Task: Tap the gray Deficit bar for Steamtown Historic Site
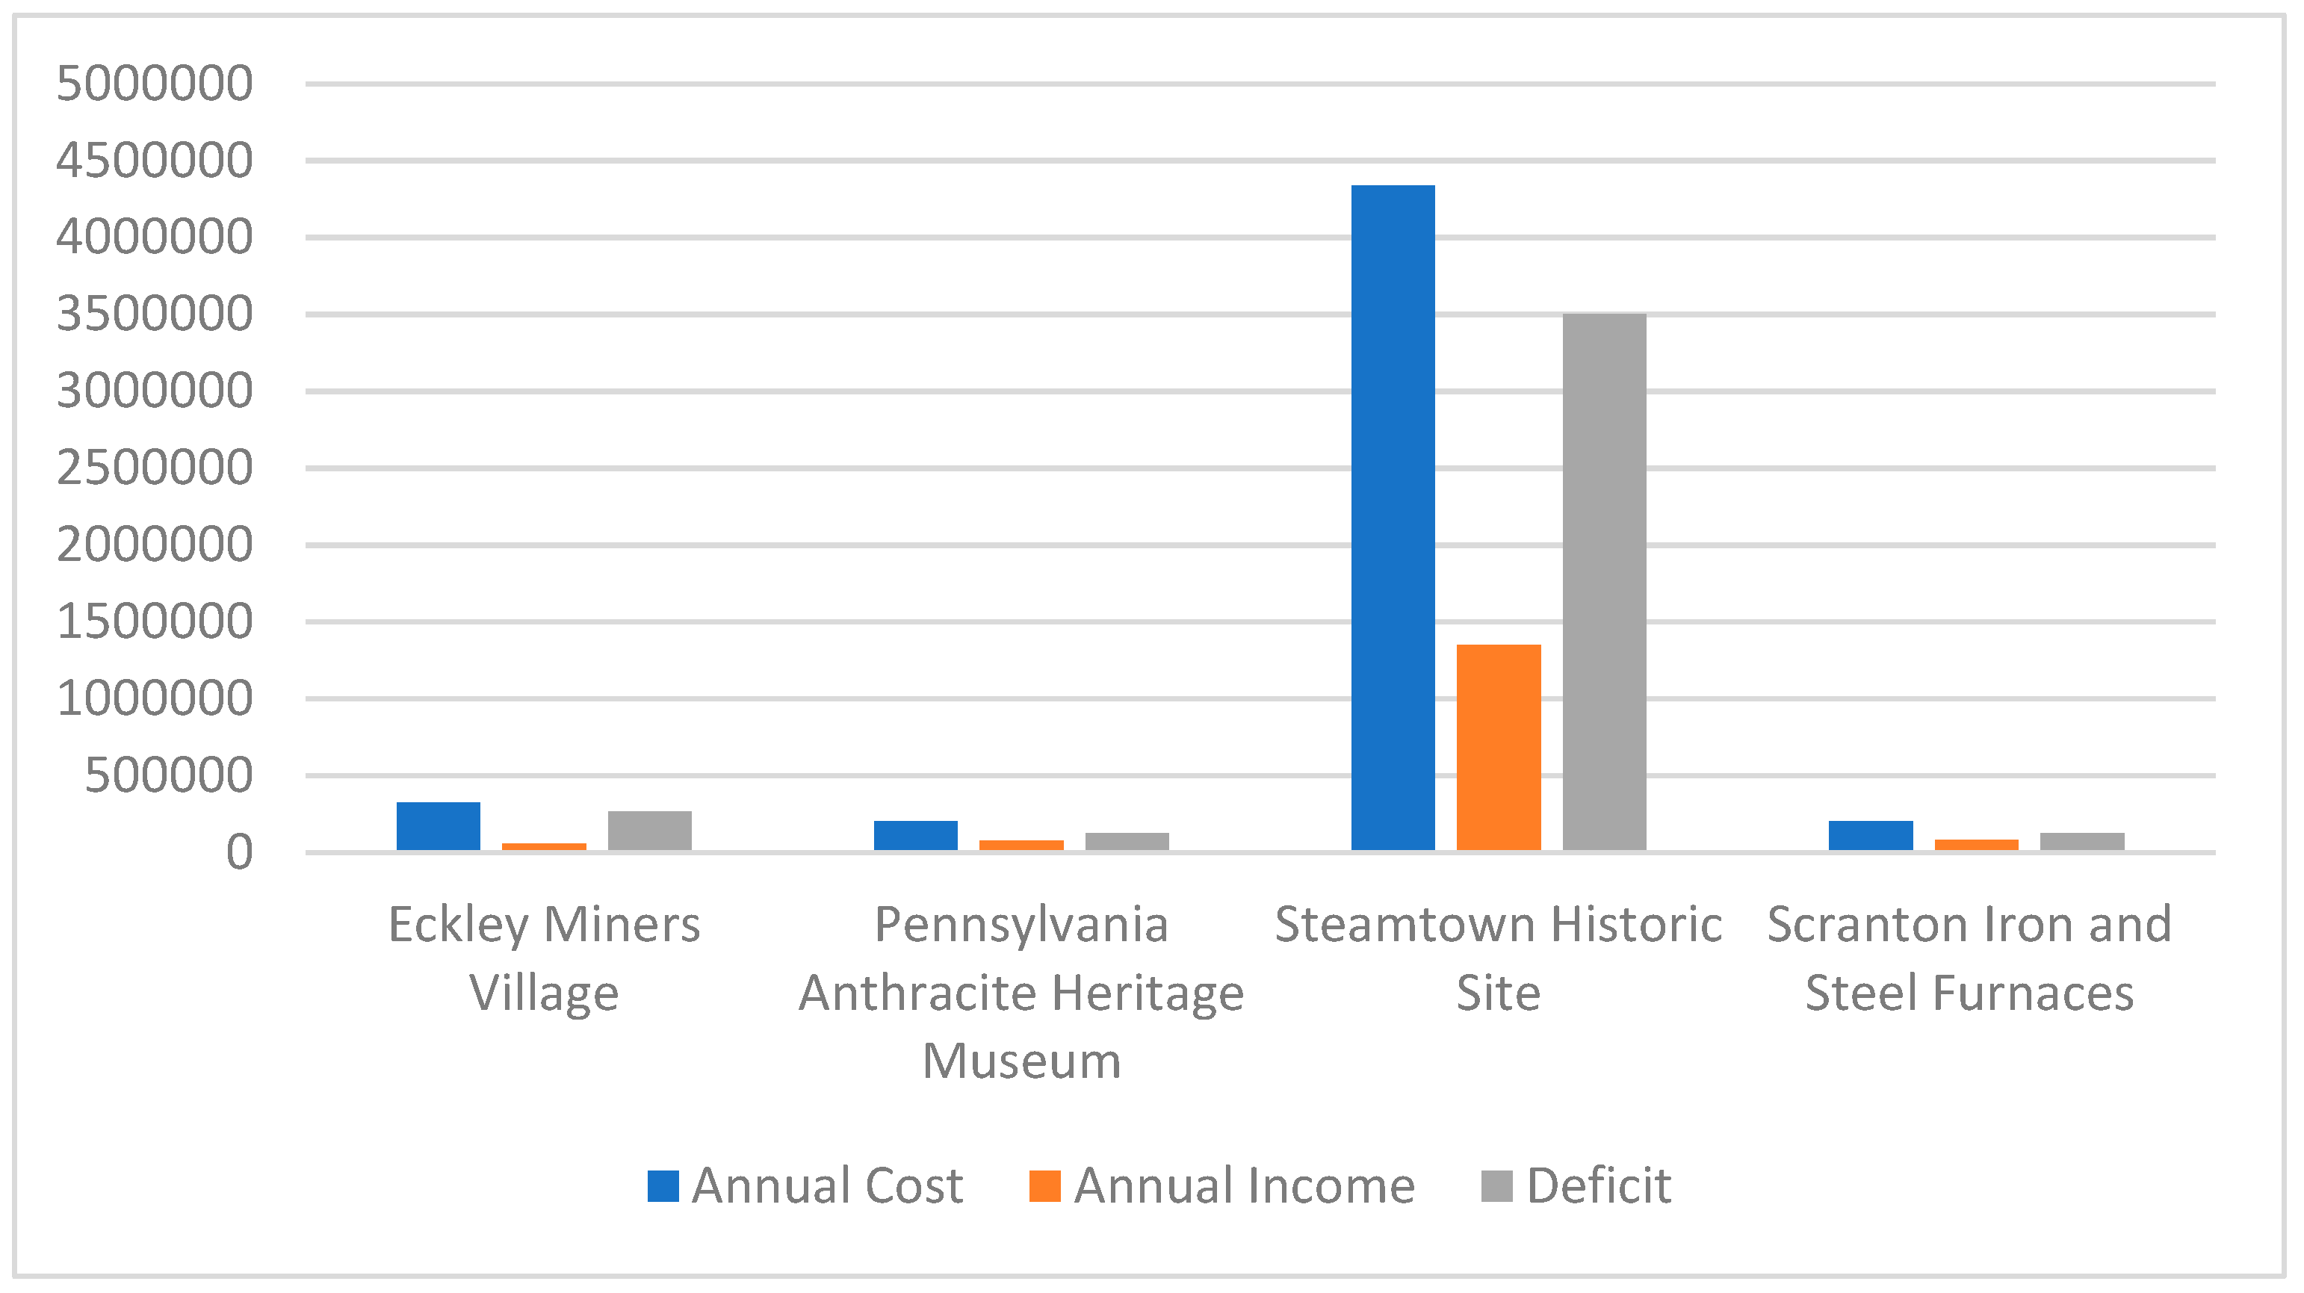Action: tap(1604, 581)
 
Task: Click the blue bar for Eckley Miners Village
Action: tap(439, 825)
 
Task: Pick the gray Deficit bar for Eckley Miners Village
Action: tap(649, 830)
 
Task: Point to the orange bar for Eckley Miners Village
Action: tap(544, 846)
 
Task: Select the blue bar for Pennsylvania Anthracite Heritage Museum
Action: tap(915, 834)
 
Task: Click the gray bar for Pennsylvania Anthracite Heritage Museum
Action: tap(1127, 840)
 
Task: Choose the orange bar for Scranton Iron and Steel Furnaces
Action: tap(1976, 844)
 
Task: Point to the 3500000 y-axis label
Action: tap(155, 314)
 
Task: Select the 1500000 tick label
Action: tap(155, 621)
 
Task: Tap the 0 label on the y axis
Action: tap(239, 852)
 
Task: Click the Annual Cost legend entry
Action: tap(805, 1185)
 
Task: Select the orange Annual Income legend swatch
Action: tap(1044, 1185)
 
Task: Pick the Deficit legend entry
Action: tap(1576, 1185)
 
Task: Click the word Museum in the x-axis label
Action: tap(1021, 1061)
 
